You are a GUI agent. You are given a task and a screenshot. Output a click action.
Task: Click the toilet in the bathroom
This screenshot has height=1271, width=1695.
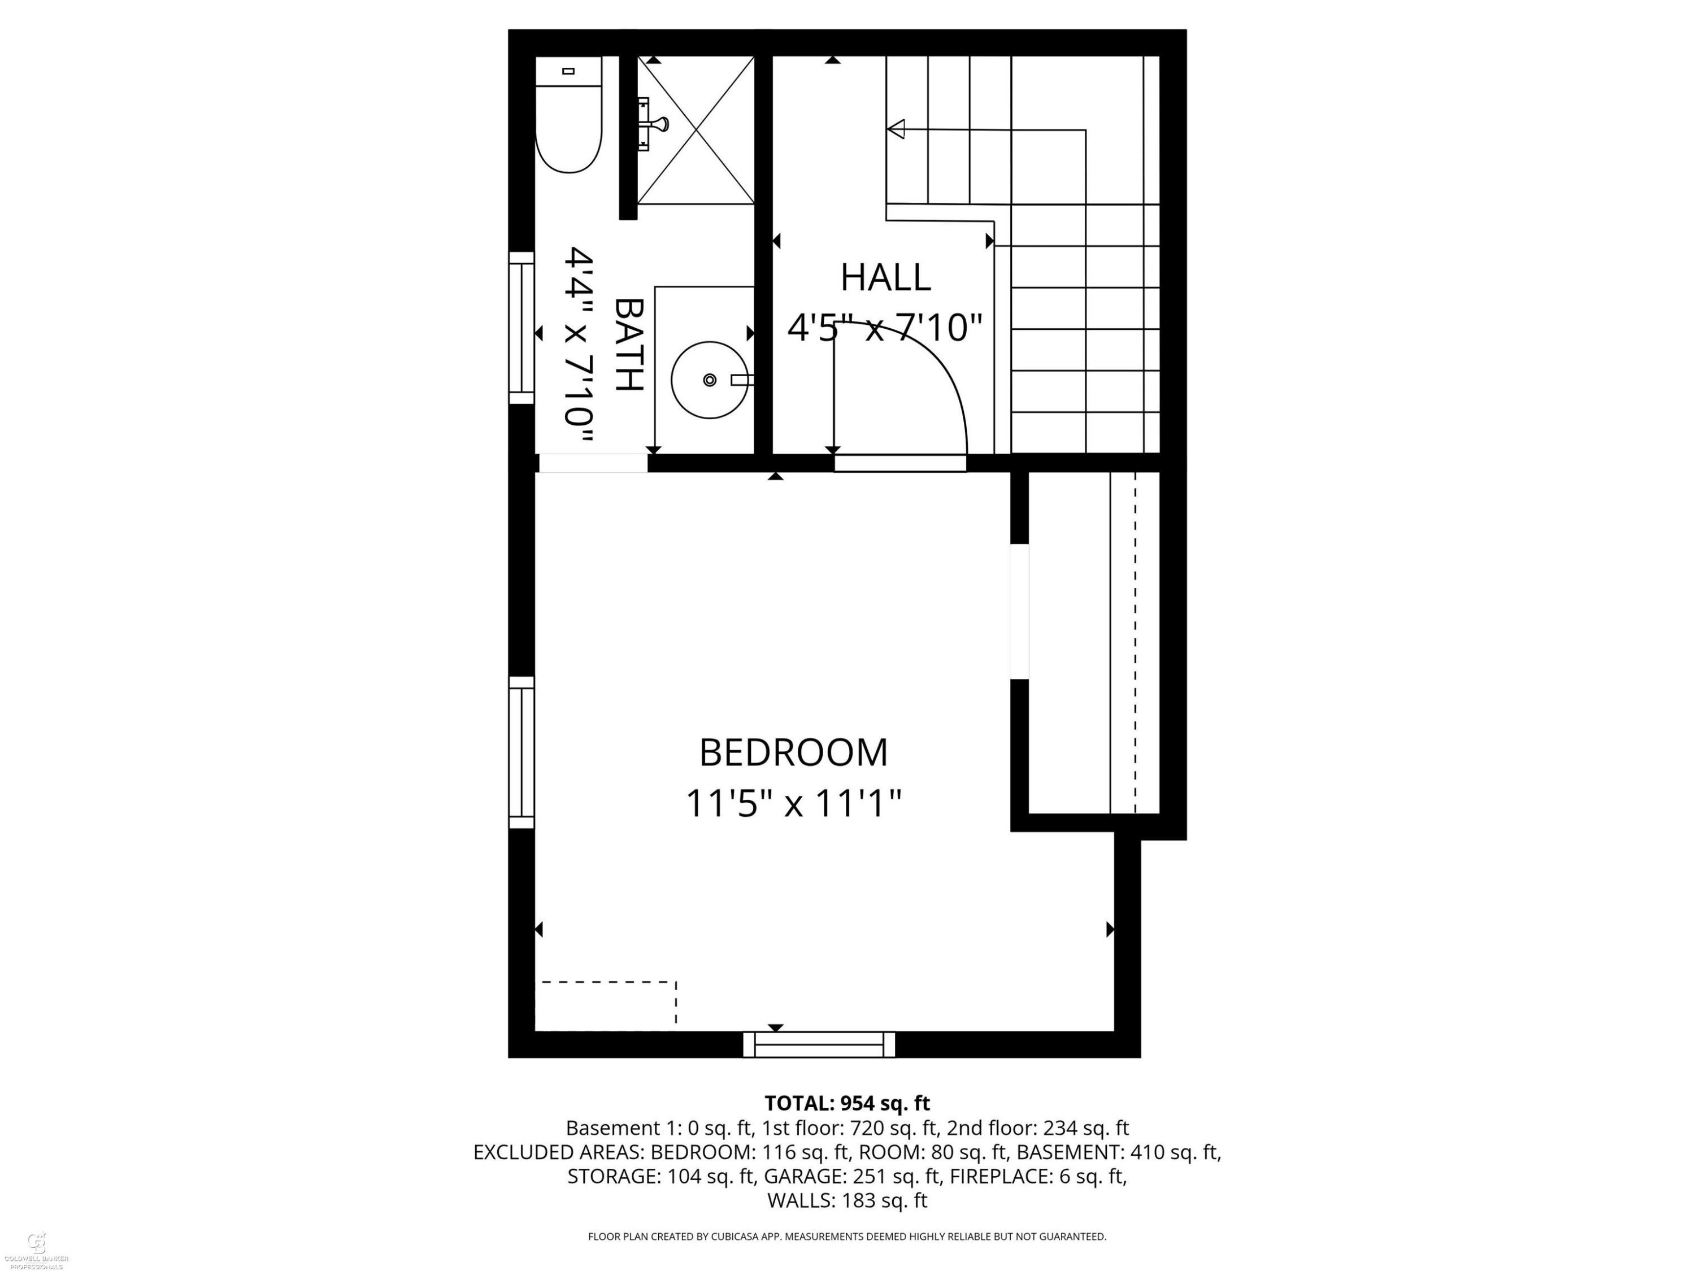(x=568, y=114)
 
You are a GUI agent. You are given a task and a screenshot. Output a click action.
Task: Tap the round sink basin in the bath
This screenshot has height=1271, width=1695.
(x=710, y=380)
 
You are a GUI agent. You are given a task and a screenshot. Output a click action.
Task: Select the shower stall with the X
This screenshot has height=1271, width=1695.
(x=696, y=130)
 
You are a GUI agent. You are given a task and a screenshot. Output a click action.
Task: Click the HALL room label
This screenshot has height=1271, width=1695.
(x=886, y=277)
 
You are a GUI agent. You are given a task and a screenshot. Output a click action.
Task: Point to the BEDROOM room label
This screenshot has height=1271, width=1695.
(x=793, y=752)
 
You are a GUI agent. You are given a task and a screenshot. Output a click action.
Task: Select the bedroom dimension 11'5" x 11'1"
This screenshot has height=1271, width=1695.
(x=793, y=804)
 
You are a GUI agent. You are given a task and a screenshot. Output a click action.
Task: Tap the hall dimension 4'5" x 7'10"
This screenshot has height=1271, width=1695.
(x=885, y=328)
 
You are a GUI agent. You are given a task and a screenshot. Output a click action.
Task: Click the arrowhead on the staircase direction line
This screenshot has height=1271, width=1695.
(x=896, y=129)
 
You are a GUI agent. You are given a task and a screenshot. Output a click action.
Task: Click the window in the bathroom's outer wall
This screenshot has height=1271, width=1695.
(x=522, y=328)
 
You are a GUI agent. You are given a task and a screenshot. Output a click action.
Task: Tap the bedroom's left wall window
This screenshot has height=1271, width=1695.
(x=522, y=752)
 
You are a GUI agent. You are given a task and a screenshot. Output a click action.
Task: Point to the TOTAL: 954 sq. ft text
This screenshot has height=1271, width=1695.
(x=847, y=1104)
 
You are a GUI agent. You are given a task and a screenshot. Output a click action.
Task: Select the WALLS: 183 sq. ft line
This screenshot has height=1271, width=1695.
(x=847, y=1200)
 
